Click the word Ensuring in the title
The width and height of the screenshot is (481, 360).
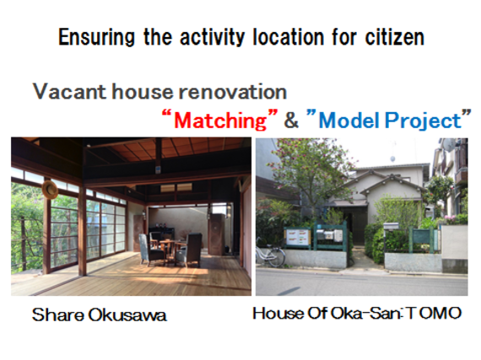pyautogui.click(x=96, y=37)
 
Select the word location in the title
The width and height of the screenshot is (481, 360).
pyautogui.click(x=289, y=37)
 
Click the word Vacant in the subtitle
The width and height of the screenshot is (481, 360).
pyautogui.click(x=69, y=92)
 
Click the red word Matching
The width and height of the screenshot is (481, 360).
pyautogui.click(x=220, y=121)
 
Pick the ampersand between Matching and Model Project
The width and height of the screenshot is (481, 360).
pyautogui.click(x=291, y=120)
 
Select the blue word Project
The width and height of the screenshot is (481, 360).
pyautogui.click(x=423, y=121)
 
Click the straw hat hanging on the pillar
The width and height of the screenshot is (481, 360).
pyautogui.click(x=50, y=190)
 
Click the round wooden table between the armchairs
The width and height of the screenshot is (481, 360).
pyautogui.click(x=168, y=248)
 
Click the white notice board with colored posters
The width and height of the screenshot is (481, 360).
pyautogui.click(x=298, y=237)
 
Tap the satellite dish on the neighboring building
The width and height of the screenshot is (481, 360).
pyautogui.click(x=448, y=145)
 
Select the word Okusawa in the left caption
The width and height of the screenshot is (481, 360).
pyautogui.click(x=127, y=315)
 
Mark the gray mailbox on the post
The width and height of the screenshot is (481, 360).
pyautogui.click(x=391, y=226)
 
